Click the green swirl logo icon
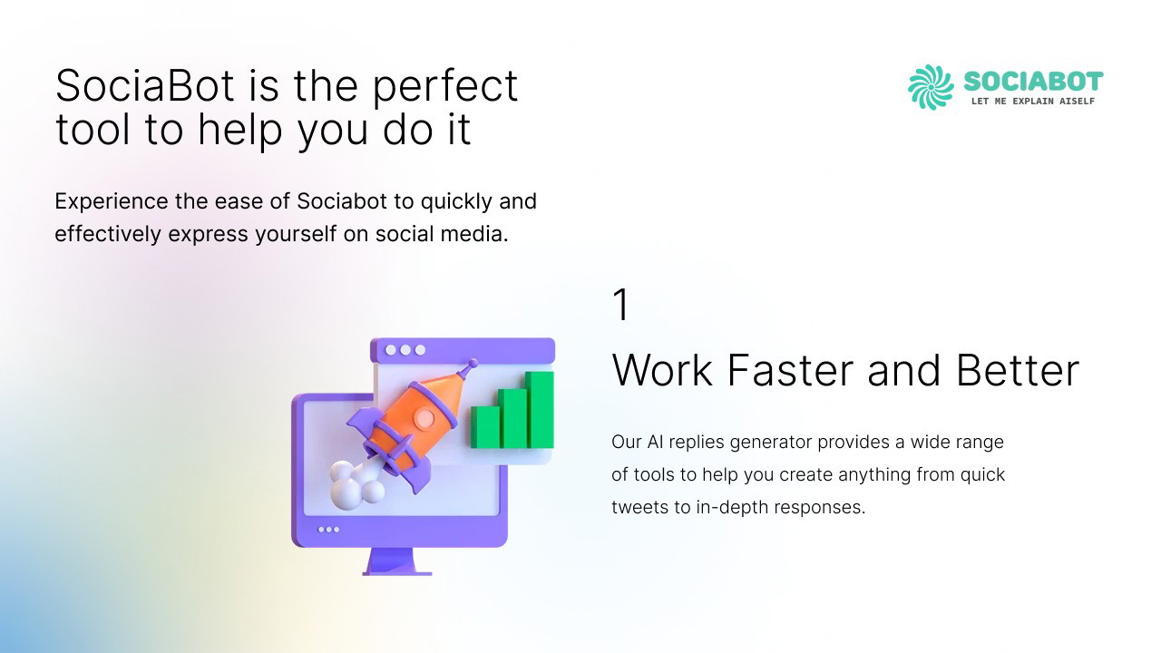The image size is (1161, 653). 931,87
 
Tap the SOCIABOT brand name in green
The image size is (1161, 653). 1033,82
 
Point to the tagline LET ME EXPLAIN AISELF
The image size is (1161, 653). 1033,101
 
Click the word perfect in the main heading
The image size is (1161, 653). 445,86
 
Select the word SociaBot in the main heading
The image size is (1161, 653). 144,85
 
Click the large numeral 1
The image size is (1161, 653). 620,304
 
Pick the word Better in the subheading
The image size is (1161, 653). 1018,370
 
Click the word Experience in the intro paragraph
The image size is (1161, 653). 112,202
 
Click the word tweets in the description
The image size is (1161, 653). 640,507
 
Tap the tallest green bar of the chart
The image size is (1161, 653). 540,409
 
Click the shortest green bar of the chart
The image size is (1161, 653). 485,427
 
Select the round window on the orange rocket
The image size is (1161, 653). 425,418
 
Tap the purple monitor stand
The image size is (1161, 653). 397,561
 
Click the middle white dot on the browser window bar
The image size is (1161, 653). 405,350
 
